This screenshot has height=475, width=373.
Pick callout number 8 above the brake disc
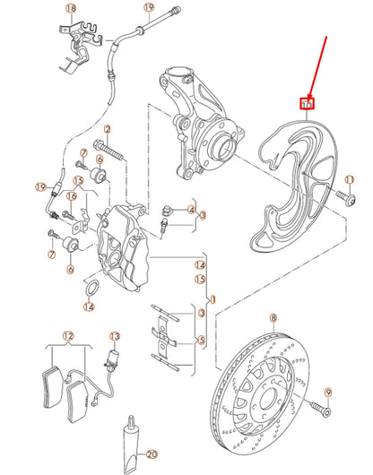273,318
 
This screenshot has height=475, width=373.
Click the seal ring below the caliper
91,289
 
